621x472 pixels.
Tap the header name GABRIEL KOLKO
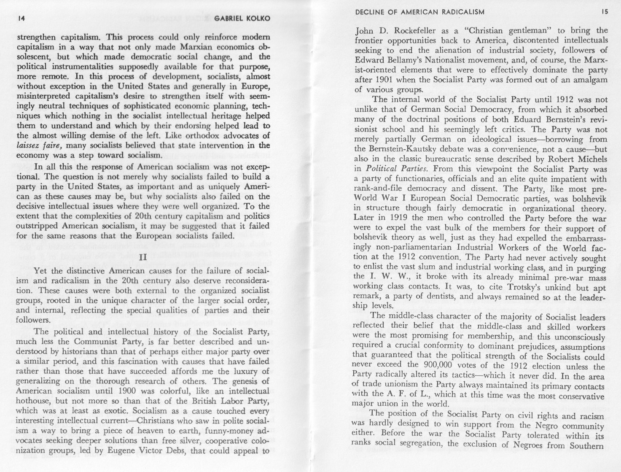click(242, 19)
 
